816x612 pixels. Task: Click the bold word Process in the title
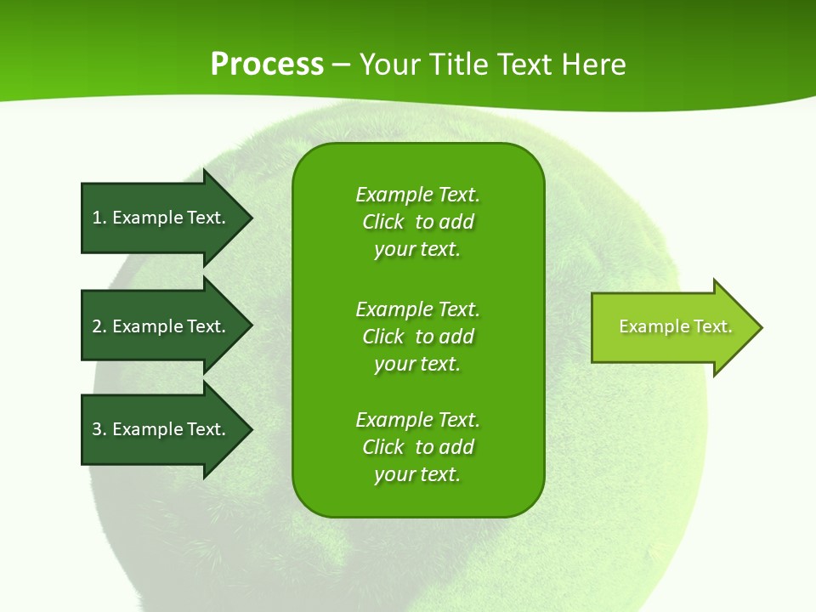coord(267,65)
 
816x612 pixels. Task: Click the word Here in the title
coord(593,65)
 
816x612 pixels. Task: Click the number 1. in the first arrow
coord(99,218)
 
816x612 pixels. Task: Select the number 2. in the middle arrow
coord(99,326)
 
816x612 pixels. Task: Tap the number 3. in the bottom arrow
coord(99,429)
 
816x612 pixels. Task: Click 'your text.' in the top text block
coord(417,250)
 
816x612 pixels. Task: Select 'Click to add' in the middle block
coord(417,337)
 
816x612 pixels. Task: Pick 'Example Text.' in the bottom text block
coord(417,420)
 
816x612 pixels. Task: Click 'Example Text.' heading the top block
coord(417,195)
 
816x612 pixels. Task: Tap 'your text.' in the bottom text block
coord(417,474)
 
